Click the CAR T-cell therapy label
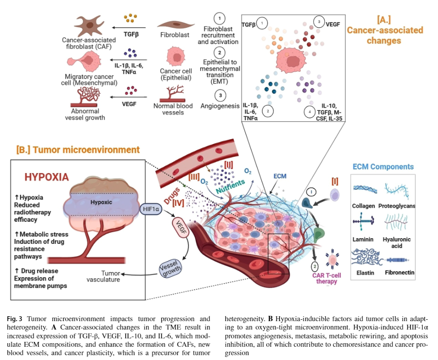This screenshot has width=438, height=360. pos(327,279)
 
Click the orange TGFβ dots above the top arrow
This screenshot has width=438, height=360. pos(129,18)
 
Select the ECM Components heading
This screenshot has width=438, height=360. pos(383,167)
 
